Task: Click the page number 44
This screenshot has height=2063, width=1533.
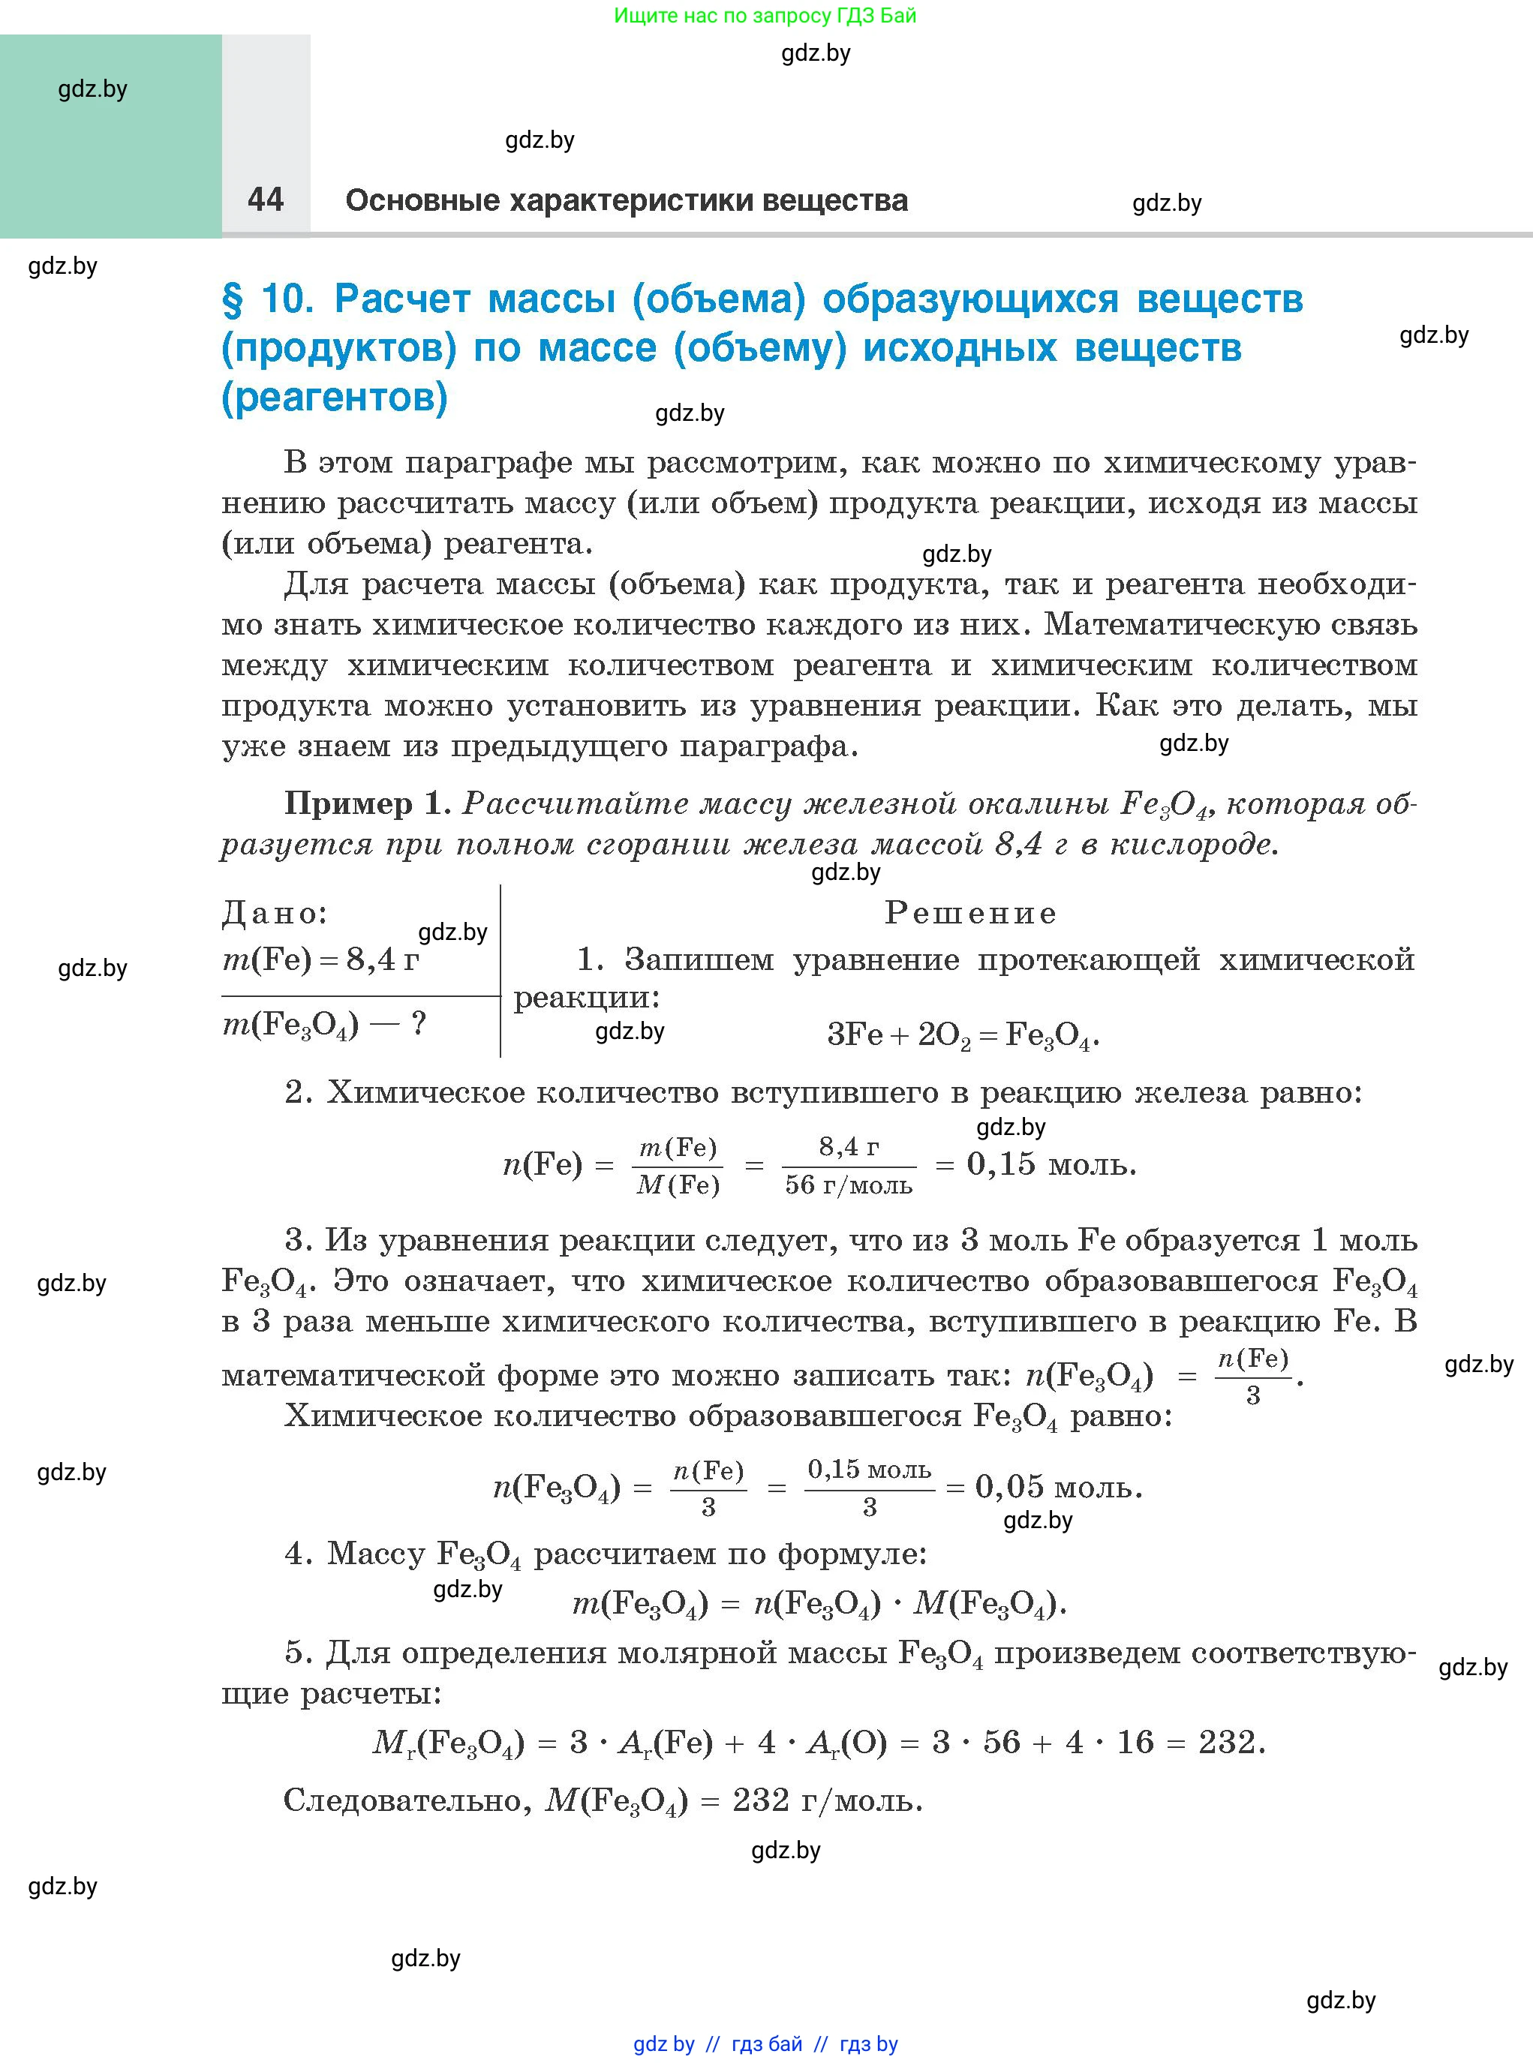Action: coord(266,199)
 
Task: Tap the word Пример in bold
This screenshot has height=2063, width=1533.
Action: coord(348,803)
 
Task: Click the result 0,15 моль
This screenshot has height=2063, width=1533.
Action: coord(1051,1164)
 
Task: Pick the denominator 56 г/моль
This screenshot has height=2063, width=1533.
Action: coord(848,1185)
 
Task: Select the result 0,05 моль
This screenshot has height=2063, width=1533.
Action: coord(1058,1488)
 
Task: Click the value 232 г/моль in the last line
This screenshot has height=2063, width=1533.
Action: coord(827,1800)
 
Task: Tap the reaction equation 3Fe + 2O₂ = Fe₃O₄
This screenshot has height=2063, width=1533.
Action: coord(962,1035)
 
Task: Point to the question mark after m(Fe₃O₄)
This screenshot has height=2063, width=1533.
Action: coord(419,1024)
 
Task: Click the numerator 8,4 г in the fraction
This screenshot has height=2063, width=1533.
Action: coord(848,1148)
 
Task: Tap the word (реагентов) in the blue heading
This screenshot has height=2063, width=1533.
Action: coord(334,397)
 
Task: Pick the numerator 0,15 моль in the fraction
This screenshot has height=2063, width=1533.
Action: coord(869,1470)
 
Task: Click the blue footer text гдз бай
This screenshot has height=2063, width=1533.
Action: coord(767,2044)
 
